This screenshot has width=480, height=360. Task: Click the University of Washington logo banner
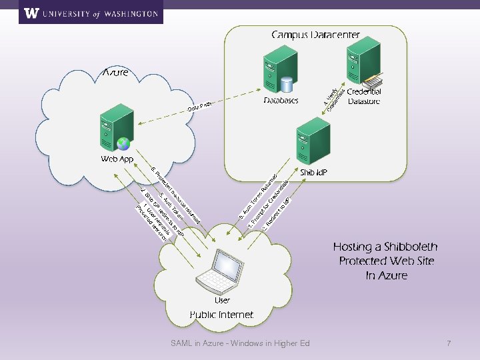(x=91, y=13)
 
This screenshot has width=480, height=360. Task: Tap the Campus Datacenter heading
(x=315, y=35)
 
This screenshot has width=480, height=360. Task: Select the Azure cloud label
(x=115, y=72)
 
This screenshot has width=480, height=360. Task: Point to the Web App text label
(x=117, y=159)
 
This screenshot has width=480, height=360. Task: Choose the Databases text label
(x=281, y=101)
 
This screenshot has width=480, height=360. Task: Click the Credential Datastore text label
(x=364, y=96)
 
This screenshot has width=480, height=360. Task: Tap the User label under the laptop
(x=222, y=301)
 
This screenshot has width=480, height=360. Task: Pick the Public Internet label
(x=221, y=314)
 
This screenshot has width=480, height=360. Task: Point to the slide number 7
(x=449, y=343)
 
